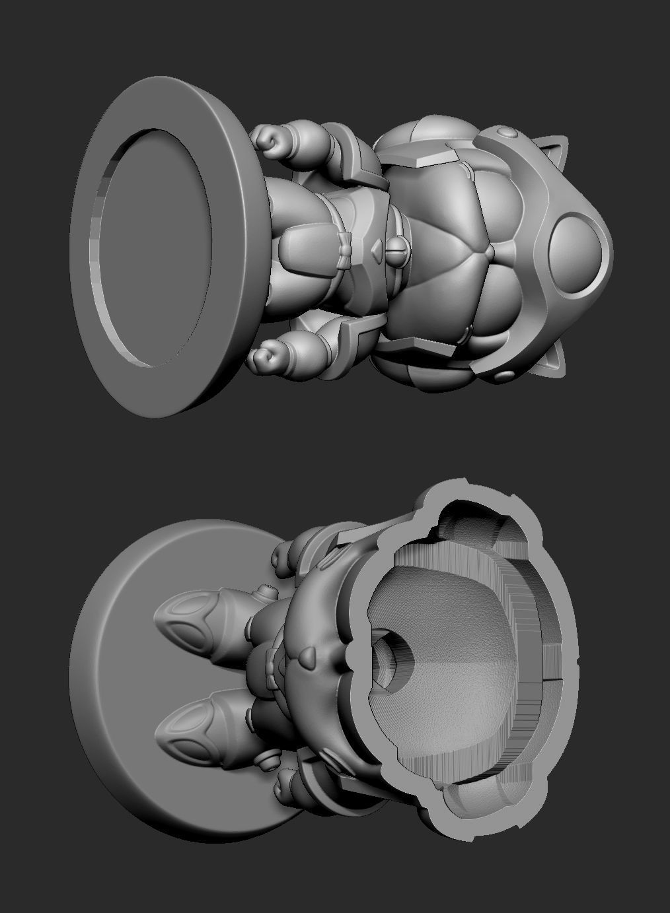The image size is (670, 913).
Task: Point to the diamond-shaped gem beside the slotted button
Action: pyautogui.click(x=375, y=250)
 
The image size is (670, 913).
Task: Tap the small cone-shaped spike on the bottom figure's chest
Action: pyautogui.click(x=307, y=657)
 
